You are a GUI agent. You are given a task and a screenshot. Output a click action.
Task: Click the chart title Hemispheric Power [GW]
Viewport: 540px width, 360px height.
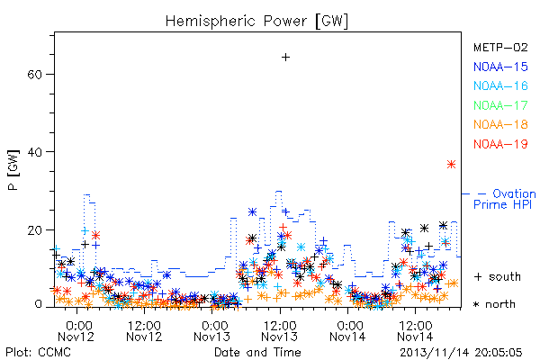coord(256,22)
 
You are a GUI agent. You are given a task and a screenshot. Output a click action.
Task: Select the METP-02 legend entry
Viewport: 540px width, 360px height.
coord(500,47)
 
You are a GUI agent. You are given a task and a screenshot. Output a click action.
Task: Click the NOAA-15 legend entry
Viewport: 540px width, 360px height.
coord(500,67)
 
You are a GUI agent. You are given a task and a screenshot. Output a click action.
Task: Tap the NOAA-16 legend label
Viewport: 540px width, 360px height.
coord(500,85)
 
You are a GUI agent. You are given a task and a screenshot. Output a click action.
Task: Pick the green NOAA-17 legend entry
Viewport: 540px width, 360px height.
coord(500,105)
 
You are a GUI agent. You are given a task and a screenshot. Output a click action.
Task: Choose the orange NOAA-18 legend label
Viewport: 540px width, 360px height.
coord(500,124)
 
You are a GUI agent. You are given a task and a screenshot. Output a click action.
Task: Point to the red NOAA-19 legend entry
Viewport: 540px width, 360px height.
coord(500,144)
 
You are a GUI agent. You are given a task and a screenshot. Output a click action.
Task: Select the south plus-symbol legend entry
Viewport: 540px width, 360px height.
coord(498,276)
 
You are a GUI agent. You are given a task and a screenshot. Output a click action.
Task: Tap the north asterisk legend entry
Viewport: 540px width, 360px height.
coord(494,304)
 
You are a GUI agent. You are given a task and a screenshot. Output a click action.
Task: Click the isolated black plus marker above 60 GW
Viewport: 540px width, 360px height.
coord(285,58)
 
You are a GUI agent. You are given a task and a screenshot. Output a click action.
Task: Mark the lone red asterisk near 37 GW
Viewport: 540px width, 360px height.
coord(451,165)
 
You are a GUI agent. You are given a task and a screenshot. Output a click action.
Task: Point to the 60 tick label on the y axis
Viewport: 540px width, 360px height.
coord(34,75)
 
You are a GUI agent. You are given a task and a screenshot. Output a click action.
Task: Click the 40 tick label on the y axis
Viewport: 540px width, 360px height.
coord(34,152)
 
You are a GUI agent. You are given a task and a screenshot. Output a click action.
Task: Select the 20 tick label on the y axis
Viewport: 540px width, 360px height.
coord(34,229)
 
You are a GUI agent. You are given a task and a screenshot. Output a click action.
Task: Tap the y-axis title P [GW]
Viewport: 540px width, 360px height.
coord(13,170)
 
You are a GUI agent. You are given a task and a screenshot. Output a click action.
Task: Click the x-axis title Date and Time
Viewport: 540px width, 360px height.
coord(257,353)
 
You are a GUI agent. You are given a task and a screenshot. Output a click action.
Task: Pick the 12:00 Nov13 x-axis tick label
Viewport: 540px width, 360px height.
coord(280,331)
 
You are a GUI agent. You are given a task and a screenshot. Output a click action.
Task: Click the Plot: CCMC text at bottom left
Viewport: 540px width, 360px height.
coord(38,353)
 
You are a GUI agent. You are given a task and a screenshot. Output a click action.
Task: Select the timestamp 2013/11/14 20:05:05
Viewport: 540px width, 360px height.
coord(461,353)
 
